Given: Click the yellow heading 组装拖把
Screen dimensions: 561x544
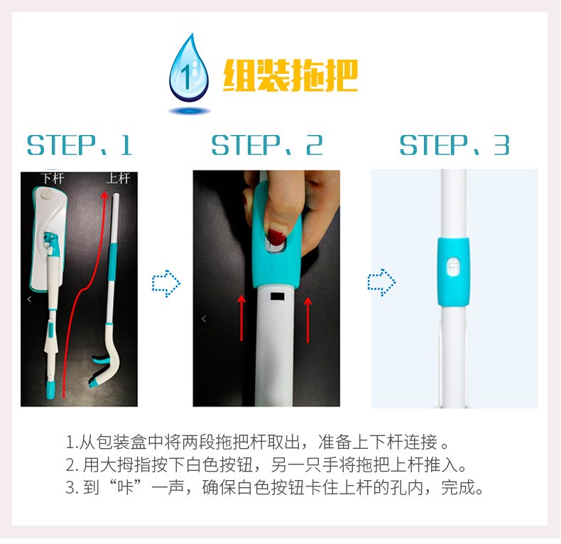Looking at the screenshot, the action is tap(290, 75).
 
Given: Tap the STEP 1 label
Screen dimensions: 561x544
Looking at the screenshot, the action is tap(80, 146).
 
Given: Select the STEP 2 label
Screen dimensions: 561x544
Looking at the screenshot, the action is tap(267, 146).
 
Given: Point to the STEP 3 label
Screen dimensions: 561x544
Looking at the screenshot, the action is tap(454, 146).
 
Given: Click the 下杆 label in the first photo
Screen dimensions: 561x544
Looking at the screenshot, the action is tap(53, 178).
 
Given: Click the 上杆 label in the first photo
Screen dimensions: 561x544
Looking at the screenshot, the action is tap(118, 178).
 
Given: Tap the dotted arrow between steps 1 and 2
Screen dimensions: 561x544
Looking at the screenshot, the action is tap(166, 283).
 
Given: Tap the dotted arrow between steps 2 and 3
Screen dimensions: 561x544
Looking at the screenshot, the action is tap(381, 283).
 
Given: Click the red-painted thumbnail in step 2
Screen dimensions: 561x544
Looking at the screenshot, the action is tap(276, 235).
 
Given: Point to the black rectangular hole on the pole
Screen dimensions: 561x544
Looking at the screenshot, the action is tap(277, 296).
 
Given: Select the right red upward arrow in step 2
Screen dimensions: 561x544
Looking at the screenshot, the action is tap(307, 320).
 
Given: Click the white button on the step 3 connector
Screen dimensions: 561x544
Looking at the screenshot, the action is tap(453, 266).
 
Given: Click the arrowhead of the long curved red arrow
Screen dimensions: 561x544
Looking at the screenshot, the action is tap(104, 196).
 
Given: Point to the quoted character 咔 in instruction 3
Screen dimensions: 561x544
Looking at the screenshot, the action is tap(125, 487).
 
